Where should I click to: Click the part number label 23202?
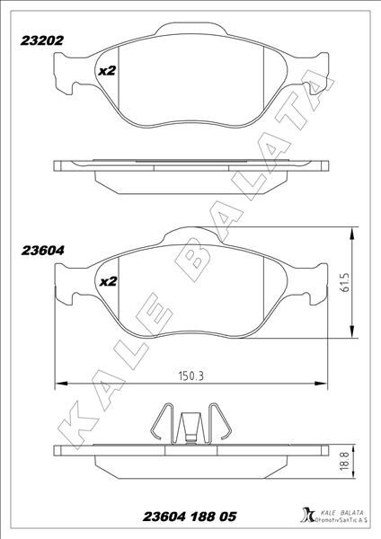(40, 40)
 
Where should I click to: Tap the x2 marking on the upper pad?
(107, 70)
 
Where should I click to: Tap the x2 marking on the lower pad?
(107, 281)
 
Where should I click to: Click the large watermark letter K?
(81, 422)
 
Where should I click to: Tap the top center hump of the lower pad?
(190, 232)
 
